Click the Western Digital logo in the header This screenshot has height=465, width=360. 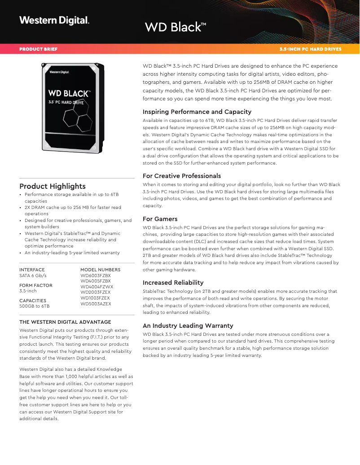click(x=54, y=20)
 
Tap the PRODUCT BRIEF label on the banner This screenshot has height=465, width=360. click(x=38, y=49)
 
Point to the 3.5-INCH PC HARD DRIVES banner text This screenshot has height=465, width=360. click(x=310, y=49)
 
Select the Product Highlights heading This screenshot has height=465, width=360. click(x=53, y=186)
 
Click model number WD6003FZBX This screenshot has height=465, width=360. click(x=96, y=276)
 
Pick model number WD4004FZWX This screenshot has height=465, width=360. click(x=97, y=287)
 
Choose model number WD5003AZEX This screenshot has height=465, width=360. click(x=96, y=304)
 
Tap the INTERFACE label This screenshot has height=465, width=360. click(x=32, y=269)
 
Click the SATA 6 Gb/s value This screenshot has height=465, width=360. click(x=33, y=276)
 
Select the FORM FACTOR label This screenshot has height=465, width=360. click(x=36, y=285)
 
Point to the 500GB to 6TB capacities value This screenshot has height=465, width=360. click(x=35, y=306)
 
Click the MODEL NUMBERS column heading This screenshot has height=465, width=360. click(x=101, y=269)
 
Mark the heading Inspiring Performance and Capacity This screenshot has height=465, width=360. click(x=197, y=112)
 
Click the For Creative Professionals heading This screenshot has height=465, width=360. click(x=182, y=176)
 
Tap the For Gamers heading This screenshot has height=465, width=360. click(x=160, y=219)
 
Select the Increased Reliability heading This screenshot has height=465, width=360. click(x=173, y=282)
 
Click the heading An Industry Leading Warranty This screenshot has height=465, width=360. click(x=188, y=326)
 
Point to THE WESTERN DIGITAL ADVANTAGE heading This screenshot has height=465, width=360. click(x=65, y=322)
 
